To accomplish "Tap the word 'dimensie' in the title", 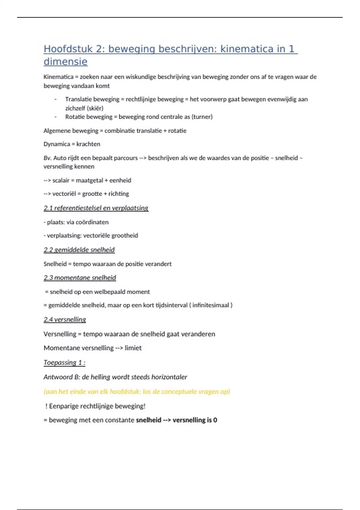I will [x=65, y=61].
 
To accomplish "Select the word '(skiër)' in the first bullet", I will [x=95, y=108].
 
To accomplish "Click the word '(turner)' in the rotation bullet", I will [x=202, y=117].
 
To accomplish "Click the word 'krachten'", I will [x=88, y=144].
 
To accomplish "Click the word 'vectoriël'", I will [x=64, y=194].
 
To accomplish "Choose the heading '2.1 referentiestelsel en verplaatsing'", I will [x=96, y=208].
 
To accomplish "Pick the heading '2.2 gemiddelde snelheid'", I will [x=79, y=250].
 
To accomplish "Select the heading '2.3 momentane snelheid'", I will [x=80, y=278].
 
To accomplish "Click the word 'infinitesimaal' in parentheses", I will [x=211, y=305].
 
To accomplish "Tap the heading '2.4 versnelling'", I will [x=65, y=319].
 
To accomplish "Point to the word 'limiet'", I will [x=133, y=348].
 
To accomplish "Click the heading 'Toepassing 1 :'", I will [x=64, y=362].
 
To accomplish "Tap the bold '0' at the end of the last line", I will [x=215, y=420].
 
